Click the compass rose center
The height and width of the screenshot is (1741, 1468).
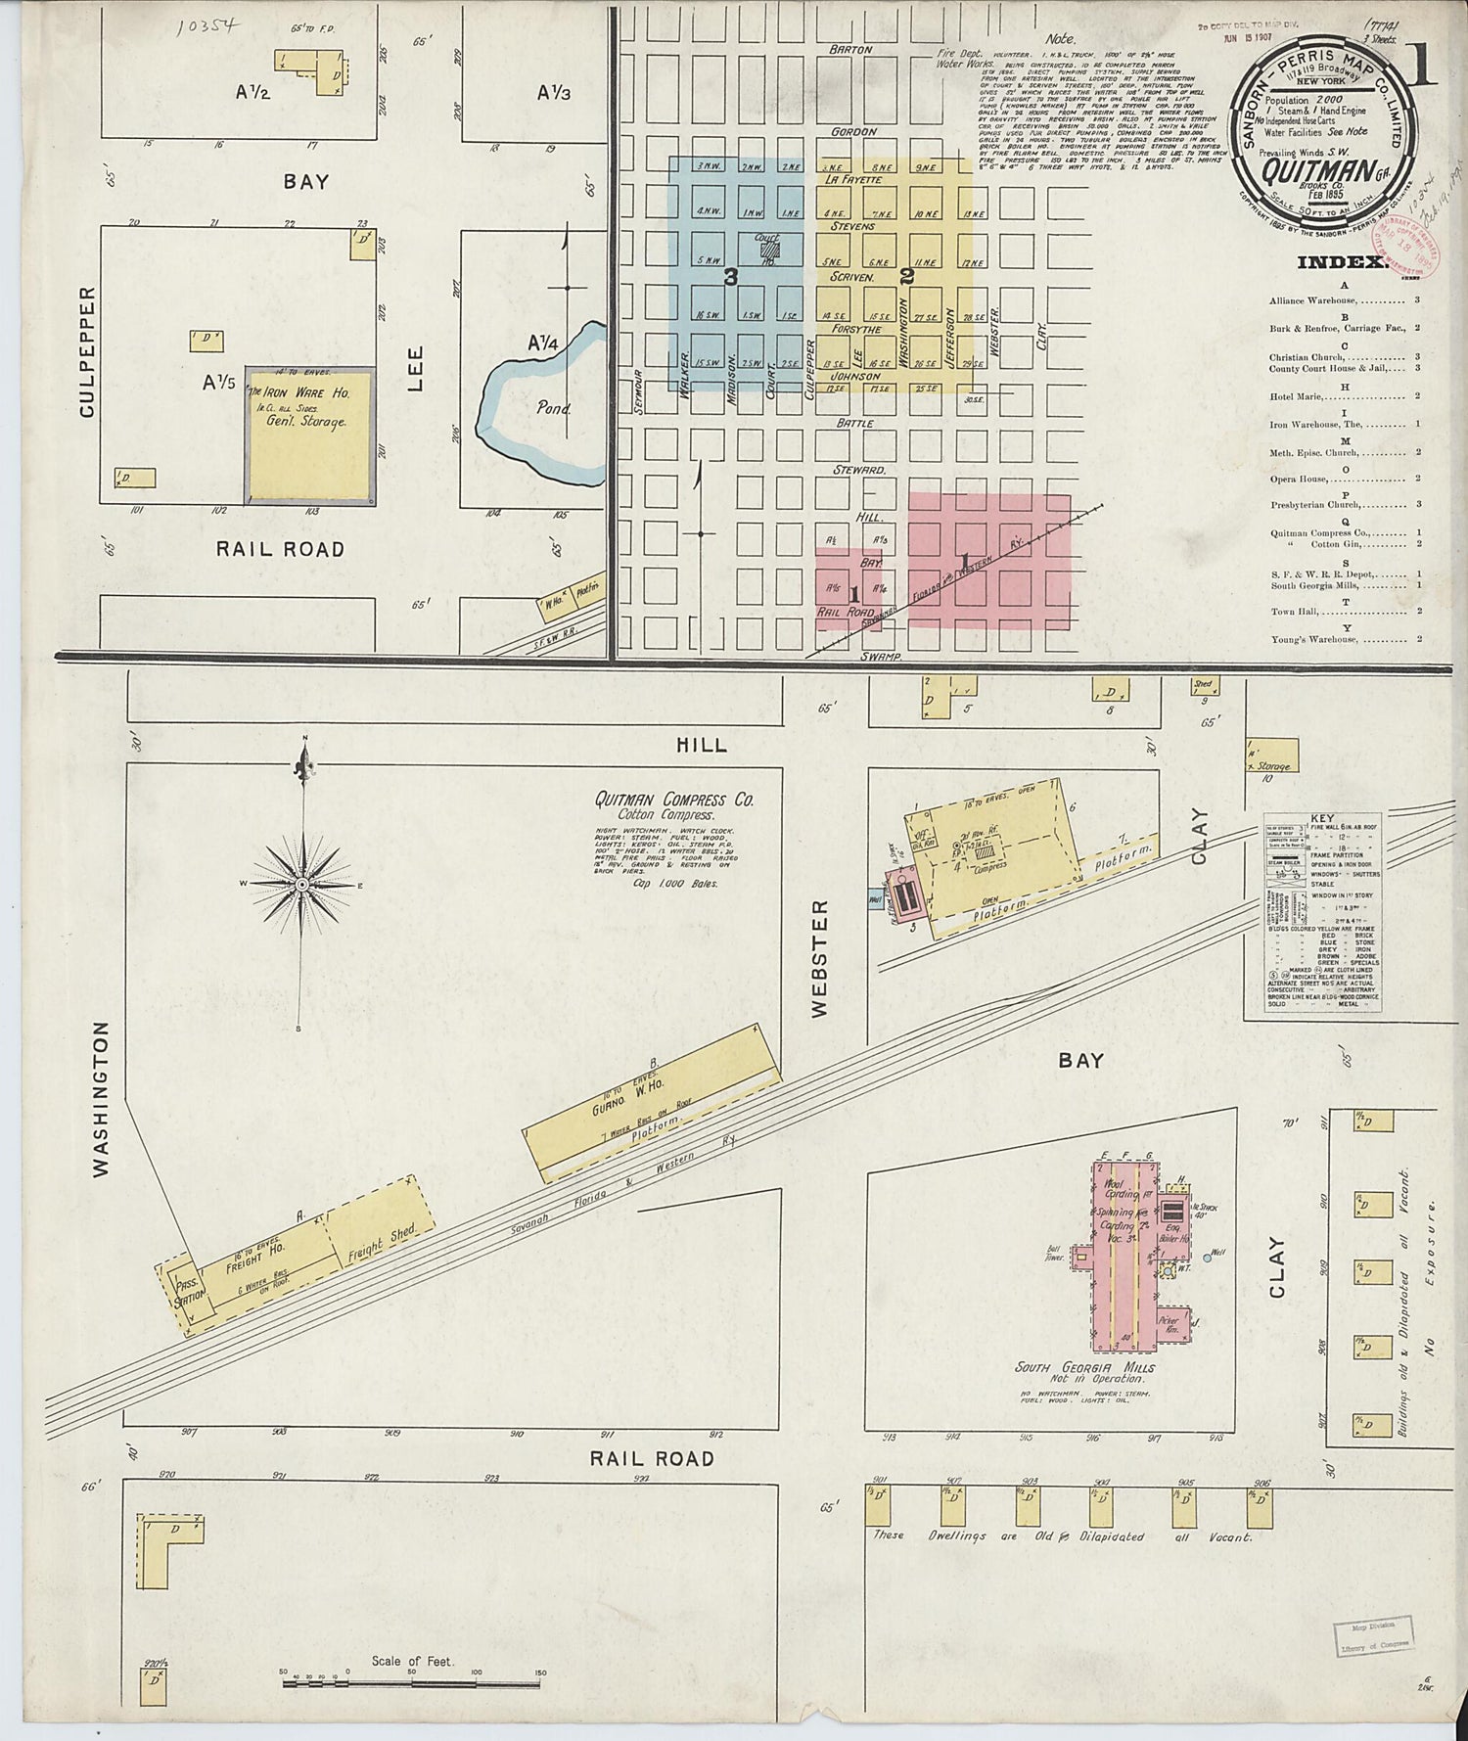tap(302, 884)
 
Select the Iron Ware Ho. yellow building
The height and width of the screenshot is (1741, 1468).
tap(308, 435)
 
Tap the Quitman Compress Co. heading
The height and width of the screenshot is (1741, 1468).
tap(674, 800)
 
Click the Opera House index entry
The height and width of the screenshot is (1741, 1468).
tap(1298, 480)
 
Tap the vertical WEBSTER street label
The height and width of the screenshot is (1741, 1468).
tap(820, 957)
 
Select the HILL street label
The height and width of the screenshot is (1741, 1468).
tap(702, 745)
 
